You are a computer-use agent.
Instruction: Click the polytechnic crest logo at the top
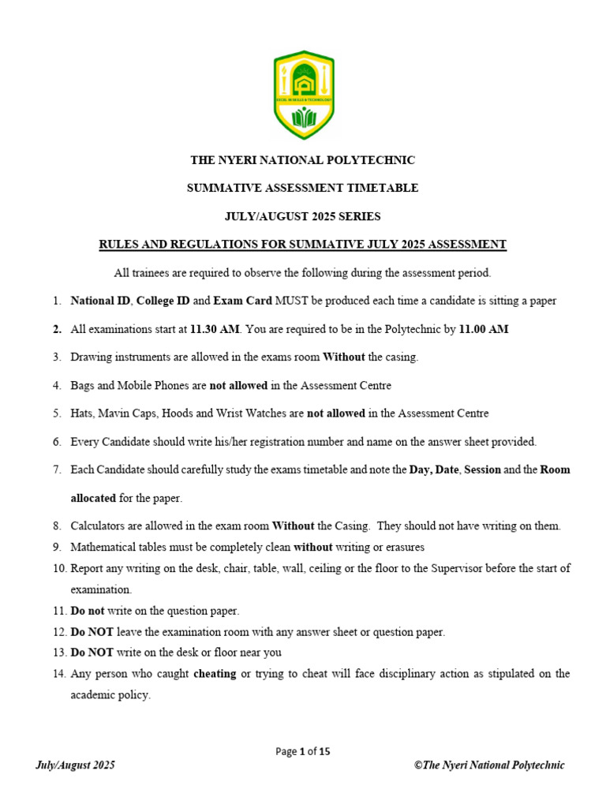pyautogui.click(x=303, y=95)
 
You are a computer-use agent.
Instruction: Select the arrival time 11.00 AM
pyautogui.click(x=484, y=329)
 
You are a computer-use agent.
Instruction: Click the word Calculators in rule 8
pyautogui.click(x=96, y=526)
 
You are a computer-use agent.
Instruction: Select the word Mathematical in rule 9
pyautogui.click(x=102, y=547)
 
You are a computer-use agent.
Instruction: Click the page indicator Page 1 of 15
pyautogui.click(x=302, y=751)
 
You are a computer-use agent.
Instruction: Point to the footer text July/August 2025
pyautogui.click(x=76, y=765)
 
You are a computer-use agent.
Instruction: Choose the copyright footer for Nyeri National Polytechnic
pyautogui.click(x=489, y=765)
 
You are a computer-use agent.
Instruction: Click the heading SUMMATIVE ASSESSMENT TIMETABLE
pyautogui.click(x=302, y=188)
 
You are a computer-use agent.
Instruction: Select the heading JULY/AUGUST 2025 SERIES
pyautogui.click(x=302, y=216)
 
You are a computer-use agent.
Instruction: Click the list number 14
pyautogui.click(x=58, y=674)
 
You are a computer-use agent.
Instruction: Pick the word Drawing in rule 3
pyautogui.click(x=89, y=357)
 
